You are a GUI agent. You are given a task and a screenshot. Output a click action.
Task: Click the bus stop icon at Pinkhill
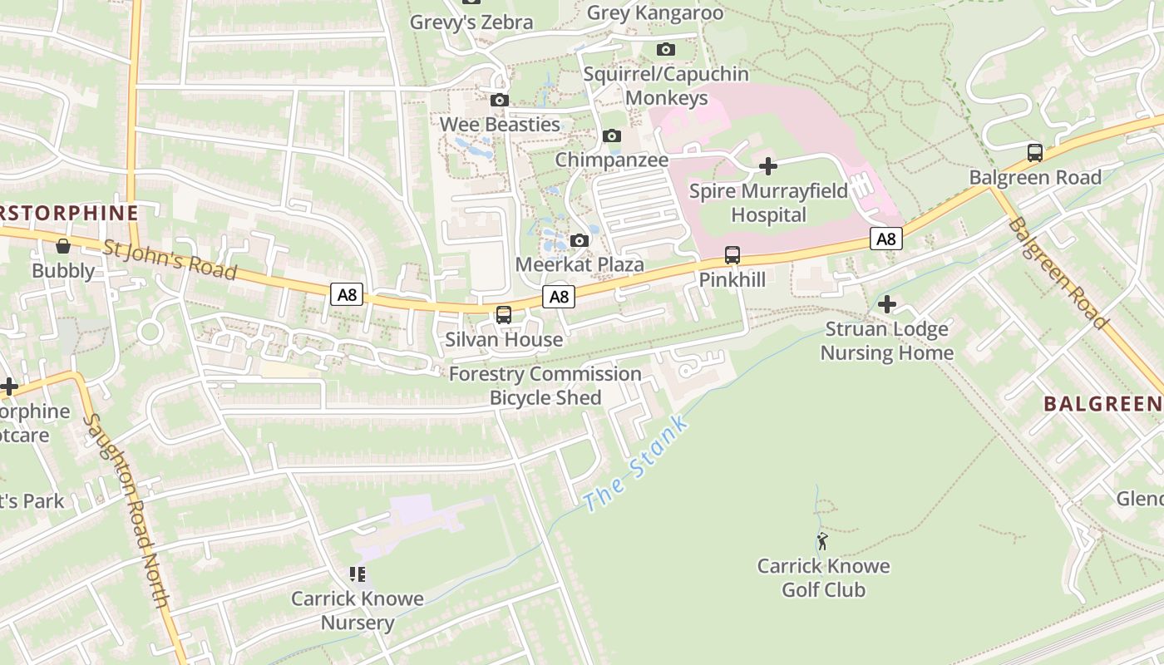732,254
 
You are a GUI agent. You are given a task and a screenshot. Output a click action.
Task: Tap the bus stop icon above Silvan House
504,315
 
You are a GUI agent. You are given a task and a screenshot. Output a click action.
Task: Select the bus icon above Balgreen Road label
1035,153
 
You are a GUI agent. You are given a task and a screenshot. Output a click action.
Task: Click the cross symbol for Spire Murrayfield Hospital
768,166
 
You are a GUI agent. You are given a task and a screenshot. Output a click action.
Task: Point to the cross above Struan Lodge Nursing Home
887,304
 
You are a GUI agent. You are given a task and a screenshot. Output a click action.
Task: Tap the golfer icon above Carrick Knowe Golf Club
822,542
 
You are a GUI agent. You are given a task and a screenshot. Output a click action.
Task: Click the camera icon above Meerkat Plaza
580,241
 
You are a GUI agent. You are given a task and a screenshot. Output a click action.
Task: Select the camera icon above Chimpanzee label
612,135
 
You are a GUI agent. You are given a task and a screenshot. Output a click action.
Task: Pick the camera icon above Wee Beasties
499,100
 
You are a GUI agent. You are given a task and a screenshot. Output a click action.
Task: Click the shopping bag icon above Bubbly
63,246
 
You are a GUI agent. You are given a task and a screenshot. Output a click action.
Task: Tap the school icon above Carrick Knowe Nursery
358,574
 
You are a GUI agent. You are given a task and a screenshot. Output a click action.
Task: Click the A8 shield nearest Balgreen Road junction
886,239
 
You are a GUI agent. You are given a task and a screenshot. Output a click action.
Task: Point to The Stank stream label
636,464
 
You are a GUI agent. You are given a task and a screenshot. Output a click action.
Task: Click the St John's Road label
170,259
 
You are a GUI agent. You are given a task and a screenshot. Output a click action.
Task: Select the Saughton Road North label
128,511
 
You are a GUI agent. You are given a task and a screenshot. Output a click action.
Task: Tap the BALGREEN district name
1102,404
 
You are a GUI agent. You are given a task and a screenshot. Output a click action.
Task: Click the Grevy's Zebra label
471,22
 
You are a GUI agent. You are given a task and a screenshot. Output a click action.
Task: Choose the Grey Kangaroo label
655,13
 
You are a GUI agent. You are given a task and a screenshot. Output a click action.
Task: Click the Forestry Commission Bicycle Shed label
545,386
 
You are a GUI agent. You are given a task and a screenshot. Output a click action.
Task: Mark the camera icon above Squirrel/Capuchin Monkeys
666,50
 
